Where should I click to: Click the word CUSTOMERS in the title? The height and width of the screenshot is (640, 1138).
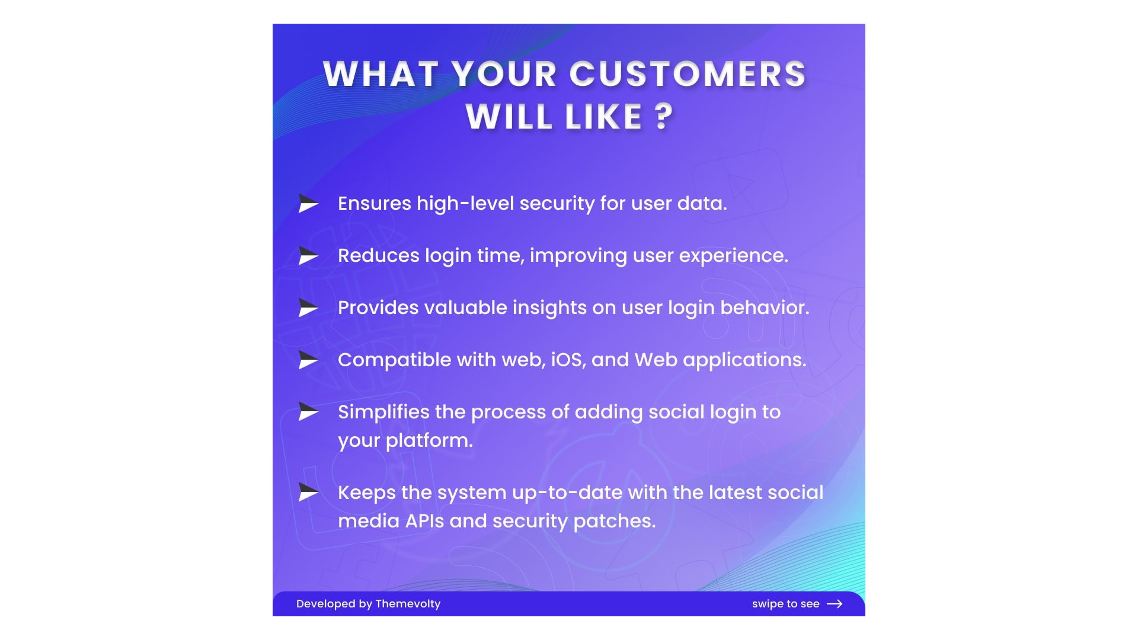[688, 74]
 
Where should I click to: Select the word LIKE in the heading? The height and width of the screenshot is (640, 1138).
[604, 116]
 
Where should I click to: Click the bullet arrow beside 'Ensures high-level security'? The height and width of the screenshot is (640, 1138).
[309, 203]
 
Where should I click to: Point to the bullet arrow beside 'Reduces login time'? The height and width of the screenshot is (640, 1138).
[309, 255]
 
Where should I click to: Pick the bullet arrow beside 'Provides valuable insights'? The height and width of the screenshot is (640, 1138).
[309, 308]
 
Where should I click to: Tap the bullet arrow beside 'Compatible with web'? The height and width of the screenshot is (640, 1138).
[309, 360]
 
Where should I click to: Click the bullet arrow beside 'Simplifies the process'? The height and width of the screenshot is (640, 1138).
[309, 412]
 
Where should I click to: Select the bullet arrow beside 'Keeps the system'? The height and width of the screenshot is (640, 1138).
[309, 492]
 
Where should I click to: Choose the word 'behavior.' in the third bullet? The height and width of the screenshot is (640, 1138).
[765, 308]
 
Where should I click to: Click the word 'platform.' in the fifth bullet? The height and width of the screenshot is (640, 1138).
[429, 441]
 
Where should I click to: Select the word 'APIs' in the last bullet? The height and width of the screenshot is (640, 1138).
[424, 521]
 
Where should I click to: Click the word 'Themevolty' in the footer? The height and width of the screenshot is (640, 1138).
[408, 604]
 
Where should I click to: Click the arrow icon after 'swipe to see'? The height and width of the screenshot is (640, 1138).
[835, 604]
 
